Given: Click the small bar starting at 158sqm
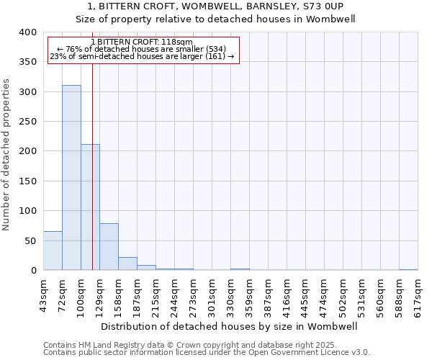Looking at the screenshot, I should (x=127, y=264).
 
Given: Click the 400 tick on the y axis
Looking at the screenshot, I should (x=27, y=33).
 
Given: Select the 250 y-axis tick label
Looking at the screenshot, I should (x=27, y=122).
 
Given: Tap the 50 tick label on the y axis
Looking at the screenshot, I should (x=30, y=240).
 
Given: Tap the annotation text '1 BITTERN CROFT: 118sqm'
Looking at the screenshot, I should (x=143, y=42).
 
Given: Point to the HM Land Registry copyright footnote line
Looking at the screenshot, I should (x=189, y=345).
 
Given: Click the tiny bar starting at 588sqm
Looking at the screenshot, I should (x=408, y=269).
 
